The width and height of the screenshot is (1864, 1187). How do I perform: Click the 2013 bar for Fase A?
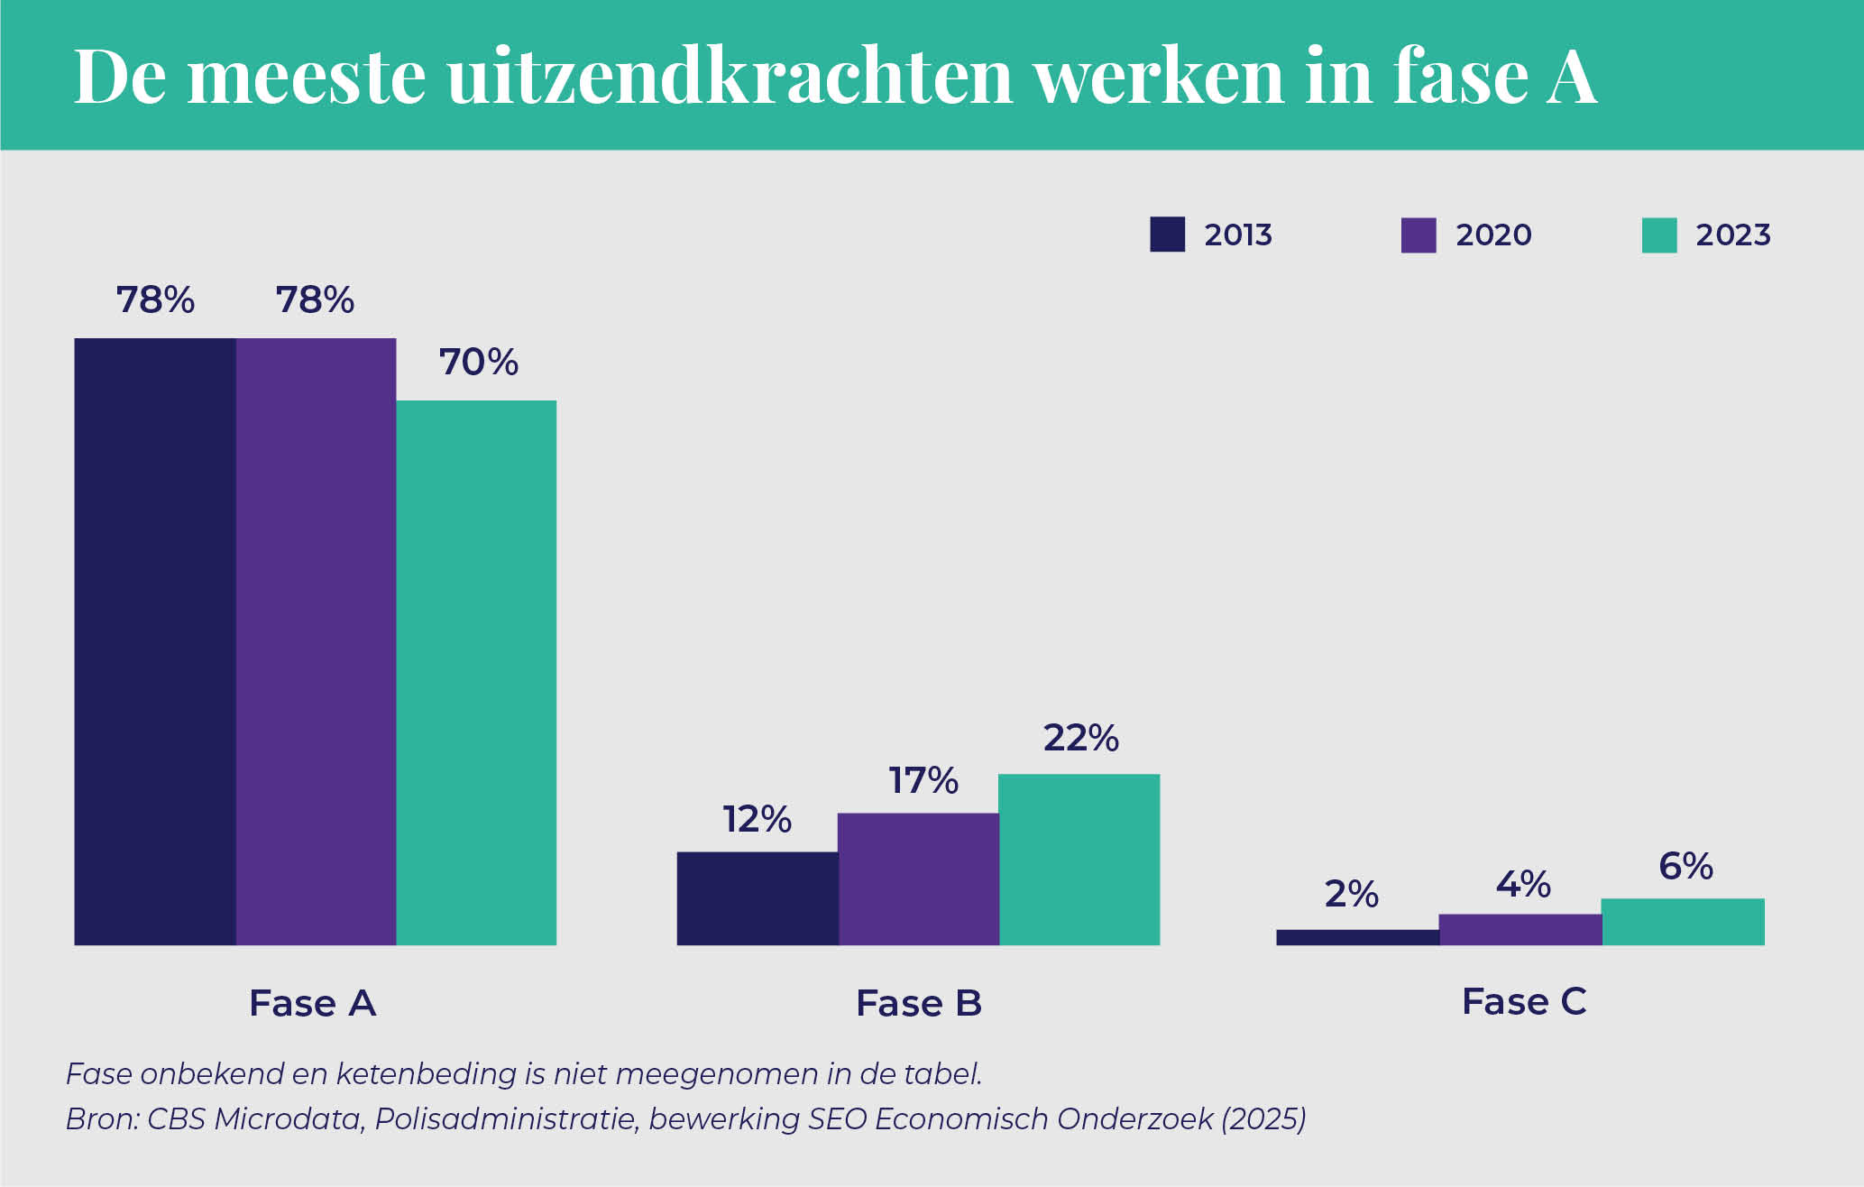point(155,641)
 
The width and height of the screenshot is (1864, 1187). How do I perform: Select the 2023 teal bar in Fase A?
point(476,672)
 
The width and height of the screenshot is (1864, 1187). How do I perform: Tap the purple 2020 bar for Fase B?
point(918,879)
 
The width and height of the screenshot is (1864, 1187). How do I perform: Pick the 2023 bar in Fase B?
point(1079,859)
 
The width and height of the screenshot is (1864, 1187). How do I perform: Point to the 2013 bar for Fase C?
point(1357,937)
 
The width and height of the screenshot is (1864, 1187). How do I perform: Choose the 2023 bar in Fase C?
point(1683,921)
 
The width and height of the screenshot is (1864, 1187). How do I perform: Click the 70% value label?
point(478,363)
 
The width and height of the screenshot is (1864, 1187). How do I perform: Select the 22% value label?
point(1080,739)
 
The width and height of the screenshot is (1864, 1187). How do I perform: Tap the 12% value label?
point(757,820)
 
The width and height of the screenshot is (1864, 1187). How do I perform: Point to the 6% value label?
point(1685,867)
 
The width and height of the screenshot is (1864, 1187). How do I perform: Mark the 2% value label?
point(1351,895)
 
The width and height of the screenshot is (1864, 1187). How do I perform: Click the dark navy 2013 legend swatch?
point(1167,235)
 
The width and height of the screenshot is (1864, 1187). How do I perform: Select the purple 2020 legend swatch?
point(1418,235)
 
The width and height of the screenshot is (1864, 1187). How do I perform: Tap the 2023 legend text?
point(1732,235)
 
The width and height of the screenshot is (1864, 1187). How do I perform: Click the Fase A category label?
point(312,1003)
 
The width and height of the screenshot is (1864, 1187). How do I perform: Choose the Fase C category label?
point(1523,1002)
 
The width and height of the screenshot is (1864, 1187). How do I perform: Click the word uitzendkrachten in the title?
point(730,76)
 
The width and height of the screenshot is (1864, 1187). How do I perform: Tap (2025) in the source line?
point(1263,1119)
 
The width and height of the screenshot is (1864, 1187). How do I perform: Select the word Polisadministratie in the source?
point(505,1119)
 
